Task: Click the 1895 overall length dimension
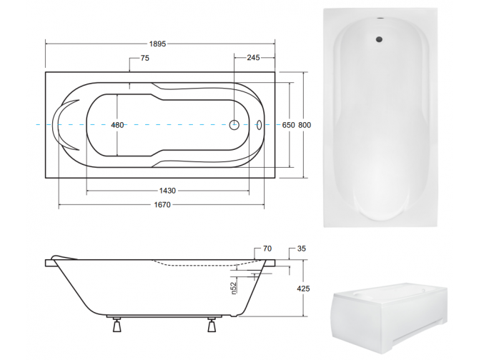[157, 44]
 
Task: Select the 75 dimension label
[145, 58]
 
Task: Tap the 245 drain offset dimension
[253, 57]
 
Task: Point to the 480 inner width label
[117, 125]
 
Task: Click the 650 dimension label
[288, 125]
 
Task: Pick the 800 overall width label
[305, 125]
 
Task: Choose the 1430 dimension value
[167, 191]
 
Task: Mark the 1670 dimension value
[162, 204]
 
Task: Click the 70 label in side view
[267, 249]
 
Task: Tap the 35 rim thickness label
[301, 249]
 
